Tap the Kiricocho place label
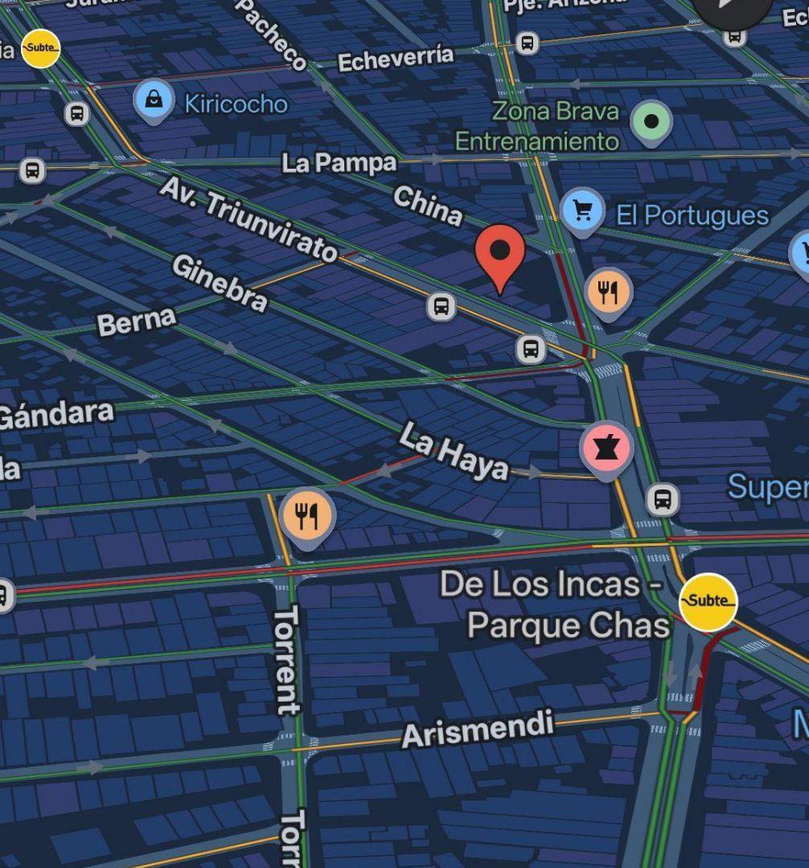(x=236, y=104)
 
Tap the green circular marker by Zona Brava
(x=652, y=121)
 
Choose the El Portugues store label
(x=692, y=215)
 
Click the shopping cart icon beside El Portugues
(x=583, y=210)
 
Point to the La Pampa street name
(x=339, y=163)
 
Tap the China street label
(x=428, y=205)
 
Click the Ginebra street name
(x=219, y=282)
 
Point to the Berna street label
(x=136, y=321)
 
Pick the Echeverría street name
(x=396, y=59)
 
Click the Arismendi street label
(x=478, y=729)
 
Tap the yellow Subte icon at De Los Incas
(x=708, y=600)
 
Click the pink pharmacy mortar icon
(x=606, y=448)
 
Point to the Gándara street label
(x=55, y=415)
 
